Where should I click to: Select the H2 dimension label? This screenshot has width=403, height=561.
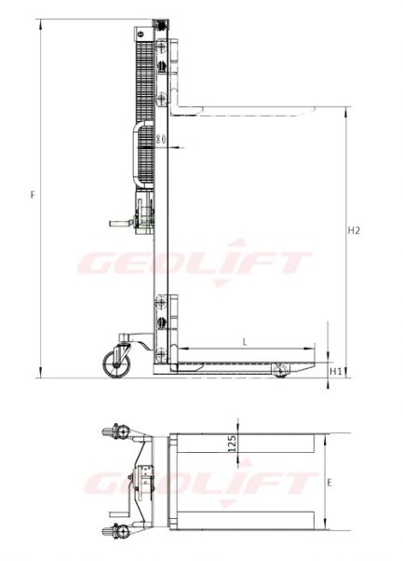[x=353, y=229]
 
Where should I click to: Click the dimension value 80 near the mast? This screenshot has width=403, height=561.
[x=162, y=140]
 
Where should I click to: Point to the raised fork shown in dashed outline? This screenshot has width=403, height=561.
[x=251, y=110]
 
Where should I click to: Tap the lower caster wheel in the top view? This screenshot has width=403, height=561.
[x=118, y=532]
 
